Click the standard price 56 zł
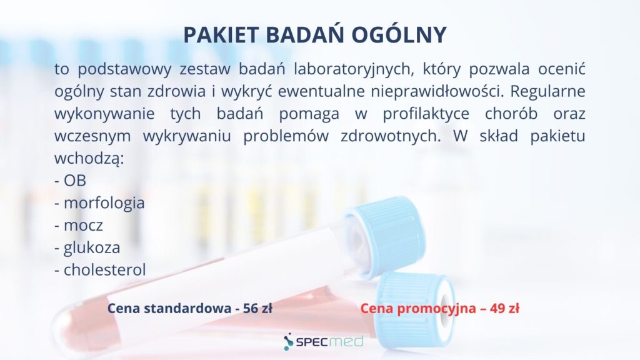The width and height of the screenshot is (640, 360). coord(257,308)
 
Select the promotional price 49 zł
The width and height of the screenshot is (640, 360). coord(504,308)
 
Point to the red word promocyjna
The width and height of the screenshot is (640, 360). coord(437,309)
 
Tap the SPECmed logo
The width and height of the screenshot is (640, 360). coord(323,342)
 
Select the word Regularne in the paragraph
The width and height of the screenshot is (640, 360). coord(547,92)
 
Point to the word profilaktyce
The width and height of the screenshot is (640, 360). coord(426,114)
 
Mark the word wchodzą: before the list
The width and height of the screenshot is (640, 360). coord(89,158)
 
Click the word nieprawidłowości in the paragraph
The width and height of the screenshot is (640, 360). coord(437,92)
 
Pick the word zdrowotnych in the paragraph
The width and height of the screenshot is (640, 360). coord(391,136)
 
